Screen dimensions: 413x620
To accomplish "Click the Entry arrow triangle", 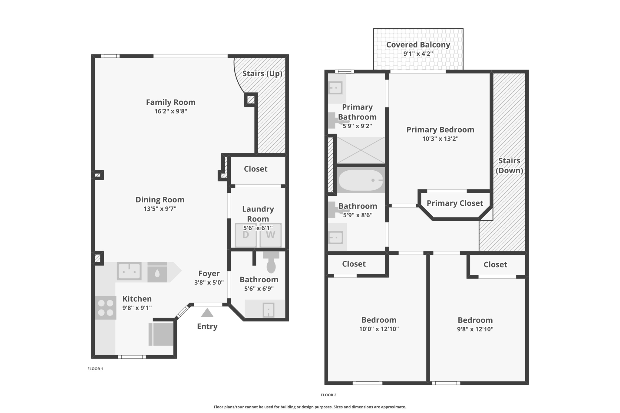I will [207, 313].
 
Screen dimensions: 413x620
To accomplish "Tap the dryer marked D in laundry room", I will [246, 235].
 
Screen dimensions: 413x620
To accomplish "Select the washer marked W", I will [270, 235].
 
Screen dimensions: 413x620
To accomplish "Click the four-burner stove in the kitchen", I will [105, 308].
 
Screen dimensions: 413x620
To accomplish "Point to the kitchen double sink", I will [129, 271].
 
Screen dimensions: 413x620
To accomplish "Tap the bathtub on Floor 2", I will [361, 180].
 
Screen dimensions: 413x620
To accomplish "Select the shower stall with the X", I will [361, 150].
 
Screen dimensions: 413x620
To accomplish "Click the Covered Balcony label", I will [418, 45].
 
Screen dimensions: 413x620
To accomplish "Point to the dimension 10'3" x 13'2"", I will [440, 139].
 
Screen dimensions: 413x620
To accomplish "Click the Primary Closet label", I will [455, 203].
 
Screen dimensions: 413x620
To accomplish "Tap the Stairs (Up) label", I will [262, 74].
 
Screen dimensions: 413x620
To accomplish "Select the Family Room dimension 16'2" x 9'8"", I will [171, 111].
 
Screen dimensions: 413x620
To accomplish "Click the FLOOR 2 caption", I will [328, 395].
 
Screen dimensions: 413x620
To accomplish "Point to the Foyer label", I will [209, 274].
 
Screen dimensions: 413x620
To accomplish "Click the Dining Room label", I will [160, 200].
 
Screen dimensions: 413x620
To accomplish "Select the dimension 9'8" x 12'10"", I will [475, 329].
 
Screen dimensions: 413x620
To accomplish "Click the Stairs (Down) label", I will [509, 166].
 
